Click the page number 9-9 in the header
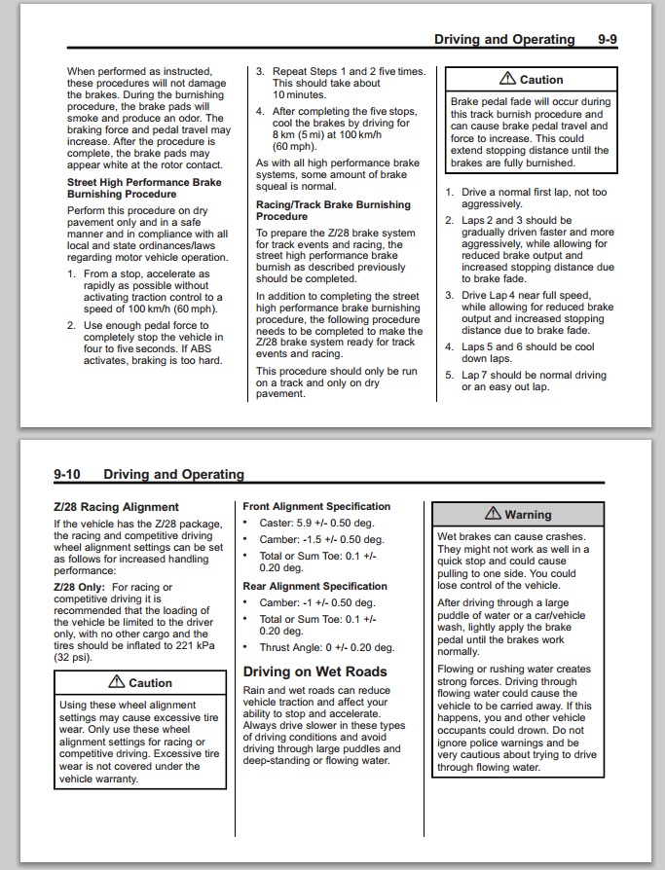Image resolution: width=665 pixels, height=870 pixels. (609, 40)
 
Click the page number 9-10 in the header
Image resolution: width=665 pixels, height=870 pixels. (67, 474)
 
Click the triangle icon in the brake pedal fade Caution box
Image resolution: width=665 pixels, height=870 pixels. (507, 79)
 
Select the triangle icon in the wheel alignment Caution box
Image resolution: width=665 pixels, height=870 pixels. (117, 682)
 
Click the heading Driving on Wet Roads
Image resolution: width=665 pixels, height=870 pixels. (314, 671)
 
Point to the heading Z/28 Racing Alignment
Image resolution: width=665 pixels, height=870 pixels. (116, 507)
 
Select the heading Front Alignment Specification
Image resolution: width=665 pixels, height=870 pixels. (316, 506)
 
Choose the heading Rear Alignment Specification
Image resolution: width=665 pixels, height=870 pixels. (314, 586)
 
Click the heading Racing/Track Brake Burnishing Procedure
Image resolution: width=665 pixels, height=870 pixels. (333, 211)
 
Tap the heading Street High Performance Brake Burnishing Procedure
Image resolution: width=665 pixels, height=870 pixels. (144, 188)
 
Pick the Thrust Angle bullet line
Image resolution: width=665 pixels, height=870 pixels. (326, 647)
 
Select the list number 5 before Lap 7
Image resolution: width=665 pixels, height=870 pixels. (449, 375)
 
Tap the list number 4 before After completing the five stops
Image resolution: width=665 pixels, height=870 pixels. (260, 111)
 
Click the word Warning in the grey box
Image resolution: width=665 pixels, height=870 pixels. (528, 515)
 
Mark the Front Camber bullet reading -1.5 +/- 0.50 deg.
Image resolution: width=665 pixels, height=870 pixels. (321, 539)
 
